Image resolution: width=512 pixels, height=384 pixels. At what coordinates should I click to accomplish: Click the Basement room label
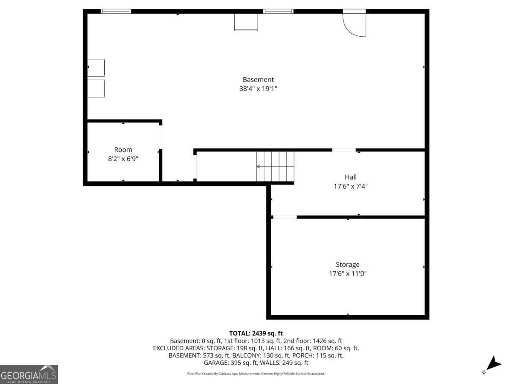click(258, 79)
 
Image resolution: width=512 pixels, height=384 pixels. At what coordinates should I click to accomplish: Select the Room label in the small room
click(123, 150)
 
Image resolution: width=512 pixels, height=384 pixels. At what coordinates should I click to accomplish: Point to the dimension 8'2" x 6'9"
click(123, 159)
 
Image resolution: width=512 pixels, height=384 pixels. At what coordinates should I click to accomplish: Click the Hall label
click(351, 177)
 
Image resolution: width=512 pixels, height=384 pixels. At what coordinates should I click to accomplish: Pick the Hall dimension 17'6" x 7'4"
click(351, 186)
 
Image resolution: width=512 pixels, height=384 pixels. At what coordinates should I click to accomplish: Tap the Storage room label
click(347, 265)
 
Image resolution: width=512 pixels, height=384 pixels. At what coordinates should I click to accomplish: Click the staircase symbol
click(275, 166)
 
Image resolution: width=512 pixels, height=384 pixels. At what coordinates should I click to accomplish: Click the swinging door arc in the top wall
click(356, 25)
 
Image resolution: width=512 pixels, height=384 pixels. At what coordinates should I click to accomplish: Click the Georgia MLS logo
click(29, 374)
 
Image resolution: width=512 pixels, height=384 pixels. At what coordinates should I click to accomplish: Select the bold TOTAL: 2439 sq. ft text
click(256, 333)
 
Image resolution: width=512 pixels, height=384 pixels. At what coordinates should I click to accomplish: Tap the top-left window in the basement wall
click(116, 11)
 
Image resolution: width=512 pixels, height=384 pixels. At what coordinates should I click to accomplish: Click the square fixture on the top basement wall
click(246, 22)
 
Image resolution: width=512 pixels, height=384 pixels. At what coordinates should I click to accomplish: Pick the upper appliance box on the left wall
click(96, 68)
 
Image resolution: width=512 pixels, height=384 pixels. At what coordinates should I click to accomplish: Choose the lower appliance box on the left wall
click(96, 88)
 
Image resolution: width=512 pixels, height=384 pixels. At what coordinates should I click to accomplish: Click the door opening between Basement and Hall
click(344, 150)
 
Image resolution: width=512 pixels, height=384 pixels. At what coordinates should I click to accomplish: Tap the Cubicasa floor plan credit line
click(256, 374)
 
